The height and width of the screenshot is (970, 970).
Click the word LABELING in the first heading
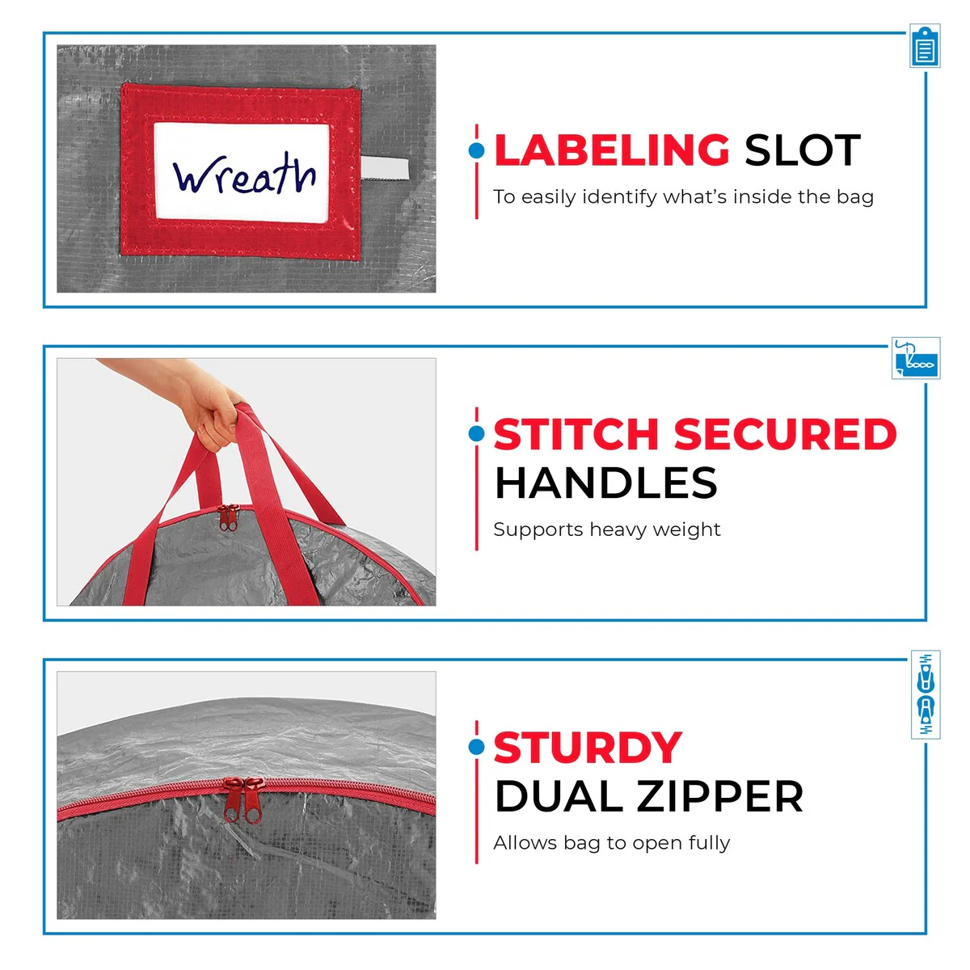(612, 150)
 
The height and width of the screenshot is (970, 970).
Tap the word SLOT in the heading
(803, 150)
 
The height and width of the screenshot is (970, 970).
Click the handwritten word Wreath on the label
(244, 173)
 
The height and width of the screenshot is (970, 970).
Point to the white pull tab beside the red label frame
(385, 167)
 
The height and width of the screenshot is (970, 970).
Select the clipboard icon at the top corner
(926, 46)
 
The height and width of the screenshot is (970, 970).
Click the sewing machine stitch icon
(916, 358)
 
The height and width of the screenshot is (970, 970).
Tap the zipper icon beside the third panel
(926, 694)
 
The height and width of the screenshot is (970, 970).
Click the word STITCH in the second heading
(576, 434)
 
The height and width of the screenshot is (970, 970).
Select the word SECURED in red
(785, 434)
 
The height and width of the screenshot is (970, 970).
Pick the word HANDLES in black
(606, 483)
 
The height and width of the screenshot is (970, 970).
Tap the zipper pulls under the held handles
(229, 518)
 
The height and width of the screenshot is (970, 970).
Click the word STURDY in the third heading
(588, 748)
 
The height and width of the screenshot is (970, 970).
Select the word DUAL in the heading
(559, 796)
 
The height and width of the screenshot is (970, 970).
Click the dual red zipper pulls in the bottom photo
(243, 800)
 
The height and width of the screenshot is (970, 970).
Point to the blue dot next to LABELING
(476, 150)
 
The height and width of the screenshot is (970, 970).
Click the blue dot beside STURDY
(476, 747)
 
